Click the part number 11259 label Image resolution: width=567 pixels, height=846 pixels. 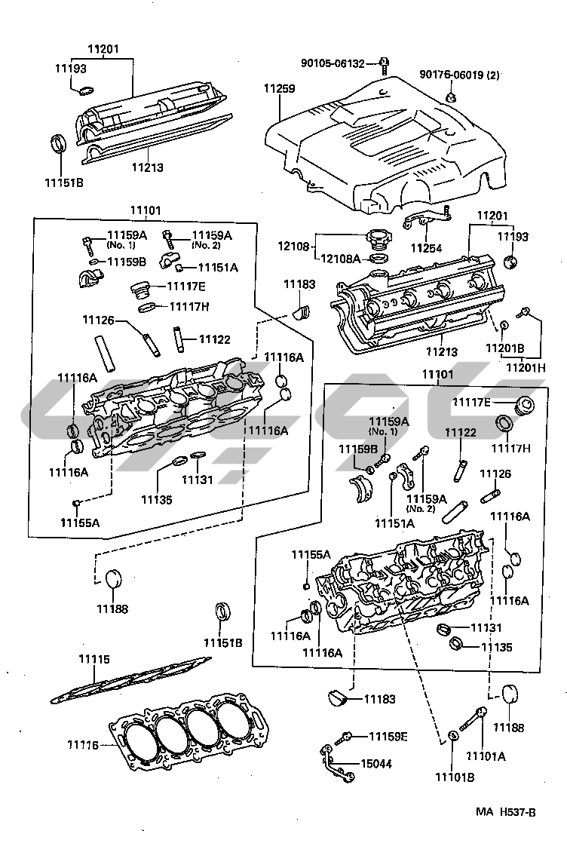280,88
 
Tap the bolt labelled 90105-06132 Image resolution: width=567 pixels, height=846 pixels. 385,65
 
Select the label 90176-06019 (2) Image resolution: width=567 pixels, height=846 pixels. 459,75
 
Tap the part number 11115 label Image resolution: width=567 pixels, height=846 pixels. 93,659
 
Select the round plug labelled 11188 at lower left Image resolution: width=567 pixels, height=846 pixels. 113,578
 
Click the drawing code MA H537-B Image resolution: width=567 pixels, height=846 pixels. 505,812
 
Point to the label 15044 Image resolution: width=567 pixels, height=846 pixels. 376,764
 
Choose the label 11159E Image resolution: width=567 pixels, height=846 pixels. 388,737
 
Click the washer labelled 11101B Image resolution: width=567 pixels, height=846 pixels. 454,737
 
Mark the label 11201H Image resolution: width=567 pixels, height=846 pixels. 526,368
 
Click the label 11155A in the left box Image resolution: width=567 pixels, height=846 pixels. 80,523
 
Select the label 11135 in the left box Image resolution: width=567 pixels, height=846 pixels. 156,500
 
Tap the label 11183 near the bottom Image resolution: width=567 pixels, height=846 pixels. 380,699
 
